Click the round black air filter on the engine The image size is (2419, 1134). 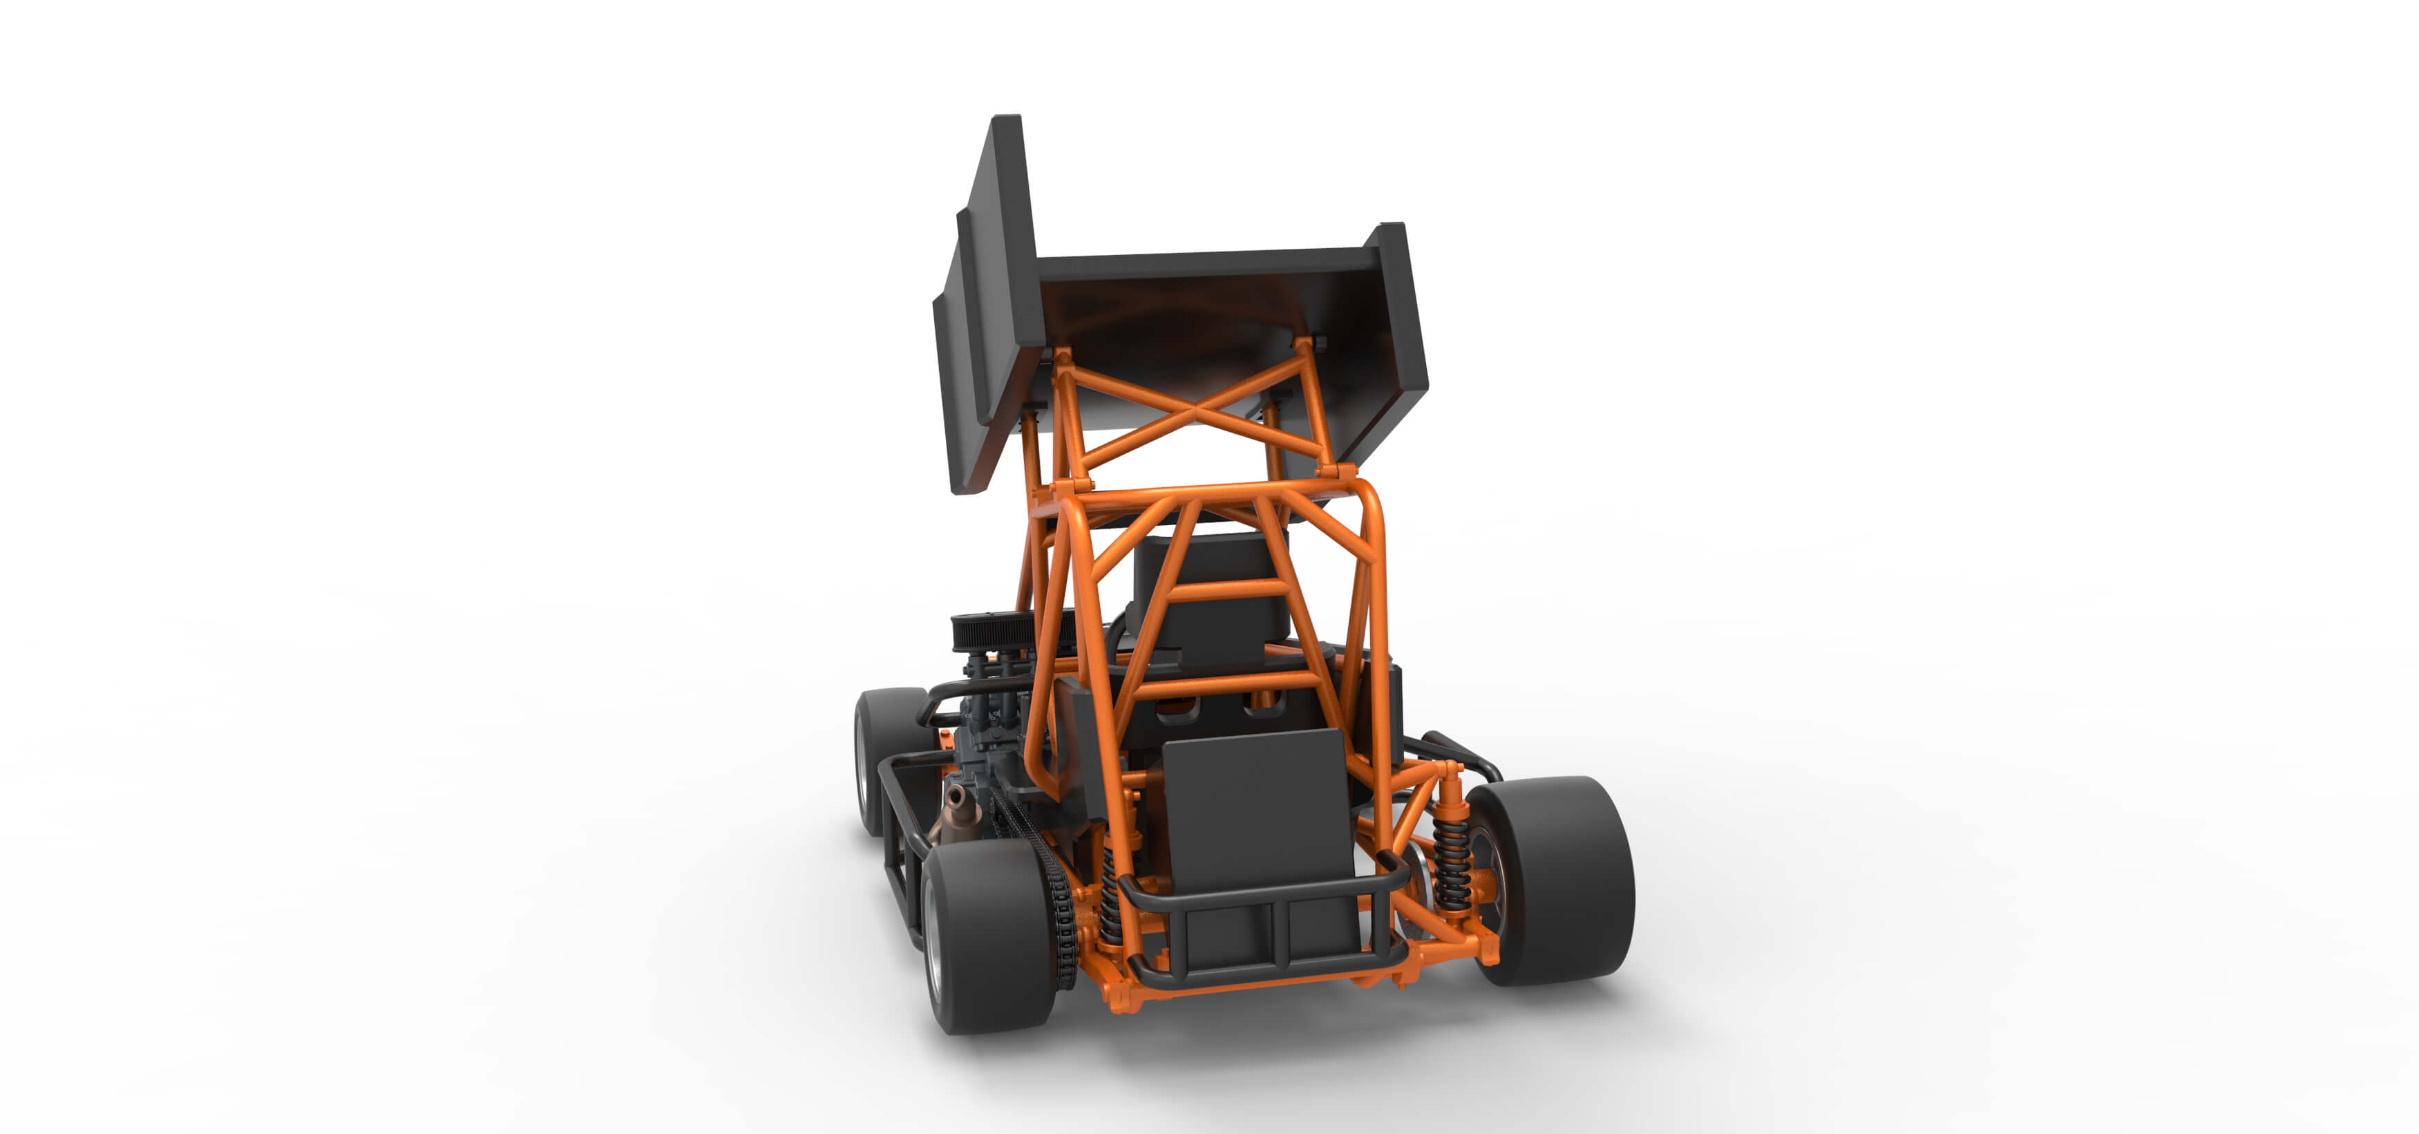[991, 632]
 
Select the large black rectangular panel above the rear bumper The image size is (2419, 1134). [1256, 808]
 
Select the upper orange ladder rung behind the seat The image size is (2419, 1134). [1226, 590]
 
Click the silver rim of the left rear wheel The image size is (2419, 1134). [933, 940]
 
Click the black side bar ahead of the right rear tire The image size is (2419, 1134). [1460, 752]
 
